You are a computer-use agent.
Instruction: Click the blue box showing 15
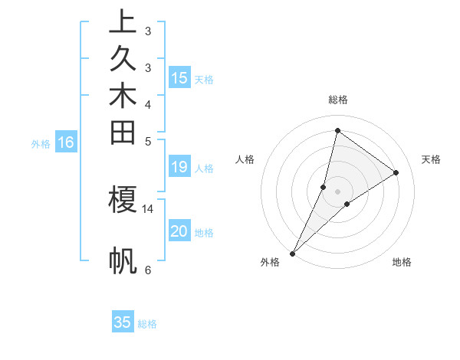(179, 78)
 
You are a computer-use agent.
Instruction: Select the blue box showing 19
(179, 168)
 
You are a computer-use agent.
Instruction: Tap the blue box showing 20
(179, 232)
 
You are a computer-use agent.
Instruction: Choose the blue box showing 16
(66, 142)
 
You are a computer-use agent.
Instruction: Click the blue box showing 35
(123, 322)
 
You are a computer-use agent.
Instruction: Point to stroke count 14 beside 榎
(148, 208)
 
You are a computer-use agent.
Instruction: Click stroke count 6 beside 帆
(148, 270)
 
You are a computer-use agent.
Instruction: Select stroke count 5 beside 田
(148, 141)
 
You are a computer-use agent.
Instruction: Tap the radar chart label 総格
(337, 100)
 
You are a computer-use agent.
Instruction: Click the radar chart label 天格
(431, 159)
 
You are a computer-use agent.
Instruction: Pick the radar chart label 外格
(270, 263)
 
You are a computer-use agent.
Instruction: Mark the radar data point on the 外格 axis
(293, 253)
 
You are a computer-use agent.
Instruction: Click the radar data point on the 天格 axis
(396, 172)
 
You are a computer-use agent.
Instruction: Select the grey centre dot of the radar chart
(337, 191)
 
